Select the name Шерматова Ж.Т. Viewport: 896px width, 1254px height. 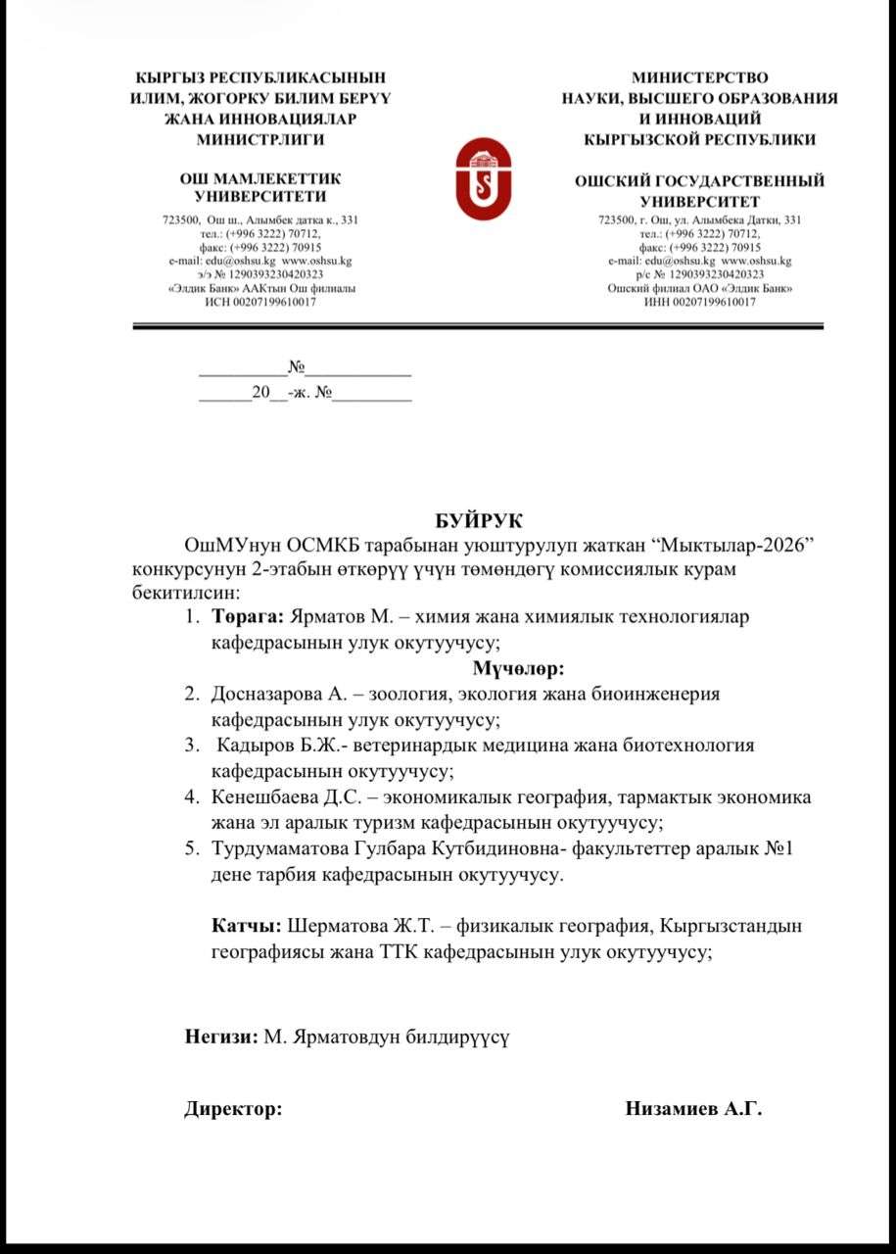coord(358,925)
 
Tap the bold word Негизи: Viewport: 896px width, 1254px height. coord(221,1036)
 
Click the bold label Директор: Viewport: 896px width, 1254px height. coord(233,1109)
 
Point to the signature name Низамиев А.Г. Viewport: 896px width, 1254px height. coord(693,1108)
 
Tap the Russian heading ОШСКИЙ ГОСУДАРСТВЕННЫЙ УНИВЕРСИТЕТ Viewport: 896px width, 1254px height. coord(699,191)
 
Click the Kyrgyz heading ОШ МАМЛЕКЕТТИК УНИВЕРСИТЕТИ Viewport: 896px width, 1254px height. coord(259,187)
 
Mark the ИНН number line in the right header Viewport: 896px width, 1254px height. coord(699,303)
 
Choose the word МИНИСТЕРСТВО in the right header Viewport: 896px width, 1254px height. coord(699,77)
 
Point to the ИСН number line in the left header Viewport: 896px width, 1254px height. coord(259,303)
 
